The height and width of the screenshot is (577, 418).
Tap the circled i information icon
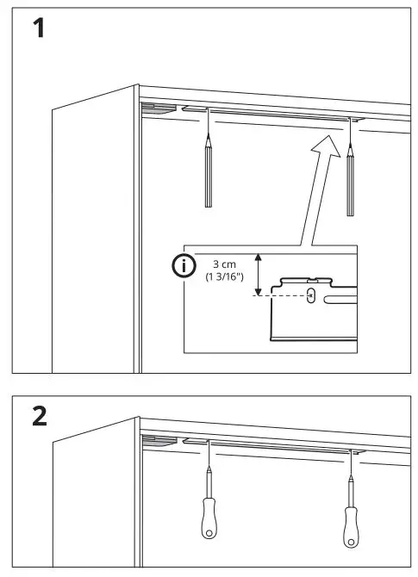(x=184, y=267)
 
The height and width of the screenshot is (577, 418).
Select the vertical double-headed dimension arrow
(x=258, y=274)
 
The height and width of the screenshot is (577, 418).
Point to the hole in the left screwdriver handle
(x=209, y=532)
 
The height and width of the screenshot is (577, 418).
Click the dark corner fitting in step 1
(x=158, y=109)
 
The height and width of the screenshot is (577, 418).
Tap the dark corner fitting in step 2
(x=158, y=440)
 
